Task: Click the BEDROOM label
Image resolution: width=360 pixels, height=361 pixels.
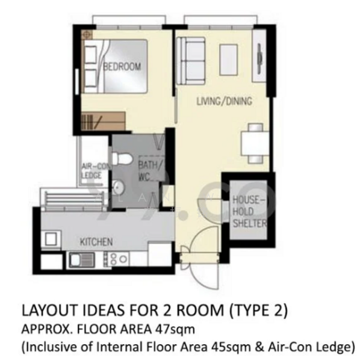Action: tap(122, 66)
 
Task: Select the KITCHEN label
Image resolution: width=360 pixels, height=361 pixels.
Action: tap(96, 242)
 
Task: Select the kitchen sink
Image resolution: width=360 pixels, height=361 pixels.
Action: tap(79, 260)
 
